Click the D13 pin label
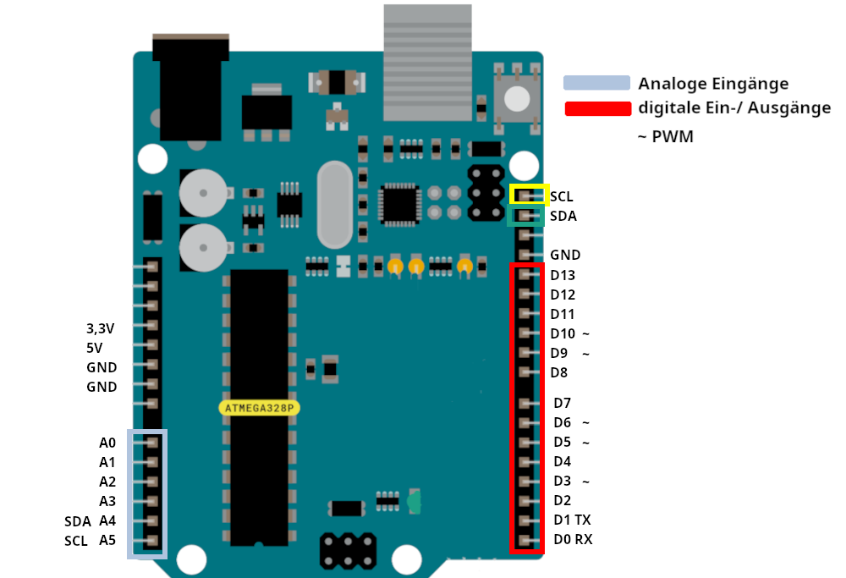point(563,275)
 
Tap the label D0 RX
point(573,539)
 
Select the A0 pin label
point(107,443)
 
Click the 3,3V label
point(101,328)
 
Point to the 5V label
point(94,348)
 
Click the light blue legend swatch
point(597,83)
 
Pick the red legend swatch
point(597,108)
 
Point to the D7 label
point(563,403)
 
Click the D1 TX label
point(572,520)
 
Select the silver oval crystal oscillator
point(334,204)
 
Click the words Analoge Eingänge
point(713,84)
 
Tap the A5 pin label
point(107,540)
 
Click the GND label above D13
point(564,255)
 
